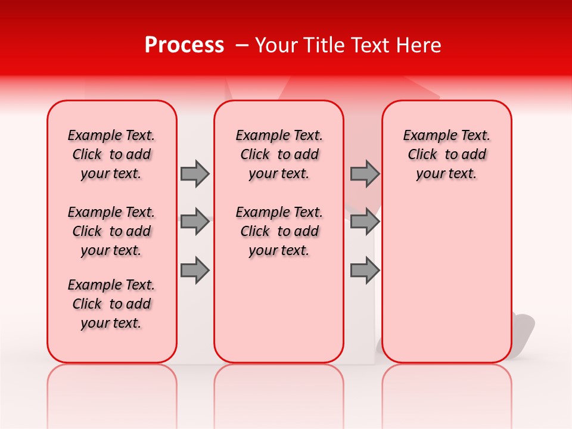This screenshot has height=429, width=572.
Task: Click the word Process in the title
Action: pos(184,45)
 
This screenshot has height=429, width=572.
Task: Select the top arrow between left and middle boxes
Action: pos(195,173)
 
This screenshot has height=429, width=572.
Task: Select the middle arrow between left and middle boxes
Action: pos(195,222)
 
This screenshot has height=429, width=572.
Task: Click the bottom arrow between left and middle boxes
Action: pos(195,270)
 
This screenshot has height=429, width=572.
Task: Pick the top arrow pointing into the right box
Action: pos(365,173)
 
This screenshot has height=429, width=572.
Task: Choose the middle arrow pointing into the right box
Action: pos(365,222)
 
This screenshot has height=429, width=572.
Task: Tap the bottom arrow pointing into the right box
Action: pos(365,270)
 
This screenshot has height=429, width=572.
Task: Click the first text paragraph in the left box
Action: pos(111,154)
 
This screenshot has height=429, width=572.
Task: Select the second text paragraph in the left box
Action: pos(111,231)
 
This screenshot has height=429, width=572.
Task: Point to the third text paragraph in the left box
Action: pos(111,304)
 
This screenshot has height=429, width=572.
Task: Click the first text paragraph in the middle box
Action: pos(279,154)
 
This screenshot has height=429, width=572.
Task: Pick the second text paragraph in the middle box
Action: pos(279,231)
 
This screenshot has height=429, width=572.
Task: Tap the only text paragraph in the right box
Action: pos(447,154)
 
